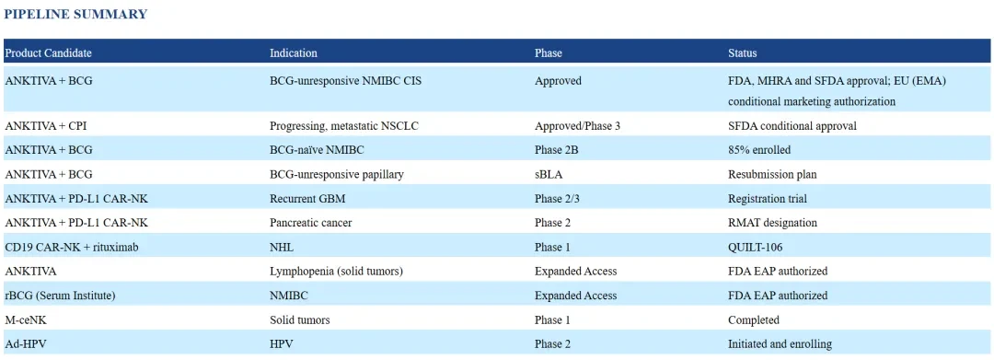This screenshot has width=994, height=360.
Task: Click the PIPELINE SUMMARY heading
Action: [75, 14]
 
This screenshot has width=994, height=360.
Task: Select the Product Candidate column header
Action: [48, 53]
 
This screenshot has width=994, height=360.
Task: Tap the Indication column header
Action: [294, 53]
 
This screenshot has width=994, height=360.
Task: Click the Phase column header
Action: [549, 53]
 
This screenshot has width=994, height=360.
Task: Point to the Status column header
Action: [743, 53]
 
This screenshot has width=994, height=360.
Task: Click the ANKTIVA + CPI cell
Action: [46, 126]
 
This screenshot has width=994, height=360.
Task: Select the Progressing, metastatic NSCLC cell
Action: [344, 126]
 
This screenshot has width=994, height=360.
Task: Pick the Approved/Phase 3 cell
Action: [577, 126]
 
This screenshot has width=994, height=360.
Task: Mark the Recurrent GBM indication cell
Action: [307, 198]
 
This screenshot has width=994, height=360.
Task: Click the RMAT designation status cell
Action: [773, 223]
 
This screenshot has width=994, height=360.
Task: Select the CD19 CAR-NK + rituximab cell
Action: [72, 247]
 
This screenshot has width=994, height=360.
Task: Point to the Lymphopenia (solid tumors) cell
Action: [337, 272]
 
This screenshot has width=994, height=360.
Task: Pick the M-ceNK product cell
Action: [26, 320]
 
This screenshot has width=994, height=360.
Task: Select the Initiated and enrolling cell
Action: [780, 344]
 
